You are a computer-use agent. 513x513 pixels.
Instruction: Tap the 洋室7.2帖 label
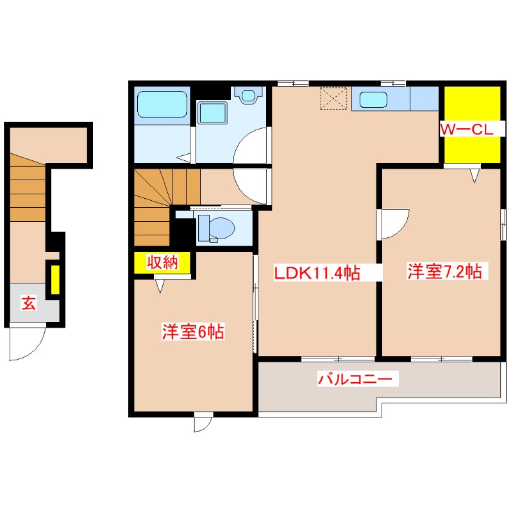click(x=443, y=272)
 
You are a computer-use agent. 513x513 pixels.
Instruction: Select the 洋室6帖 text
click(x=192, y=332)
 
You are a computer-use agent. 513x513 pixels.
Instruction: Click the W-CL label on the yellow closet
click(x=466, y=130)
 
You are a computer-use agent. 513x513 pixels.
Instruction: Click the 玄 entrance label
click(x=29, y=303)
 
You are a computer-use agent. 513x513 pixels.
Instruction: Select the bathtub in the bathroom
click(x=161, y=104)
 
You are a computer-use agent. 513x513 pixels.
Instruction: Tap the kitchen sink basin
click(x=373, y=99)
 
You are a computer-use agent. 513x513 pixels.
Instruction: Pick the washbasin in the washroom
click(x=212, y=113)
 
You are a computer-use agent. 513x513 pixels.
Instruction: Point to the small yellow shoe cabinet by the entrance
click(x=55, y=278)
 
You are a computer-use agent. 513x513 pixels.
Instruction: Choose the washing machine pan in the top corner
click(x=248, y=95)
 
